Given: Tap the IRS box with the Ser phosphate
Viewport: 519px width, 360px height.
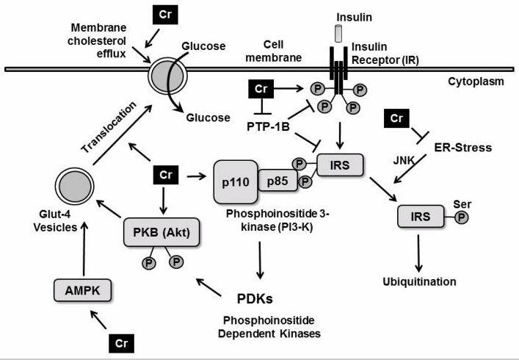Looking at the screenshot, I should point(420,217).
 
